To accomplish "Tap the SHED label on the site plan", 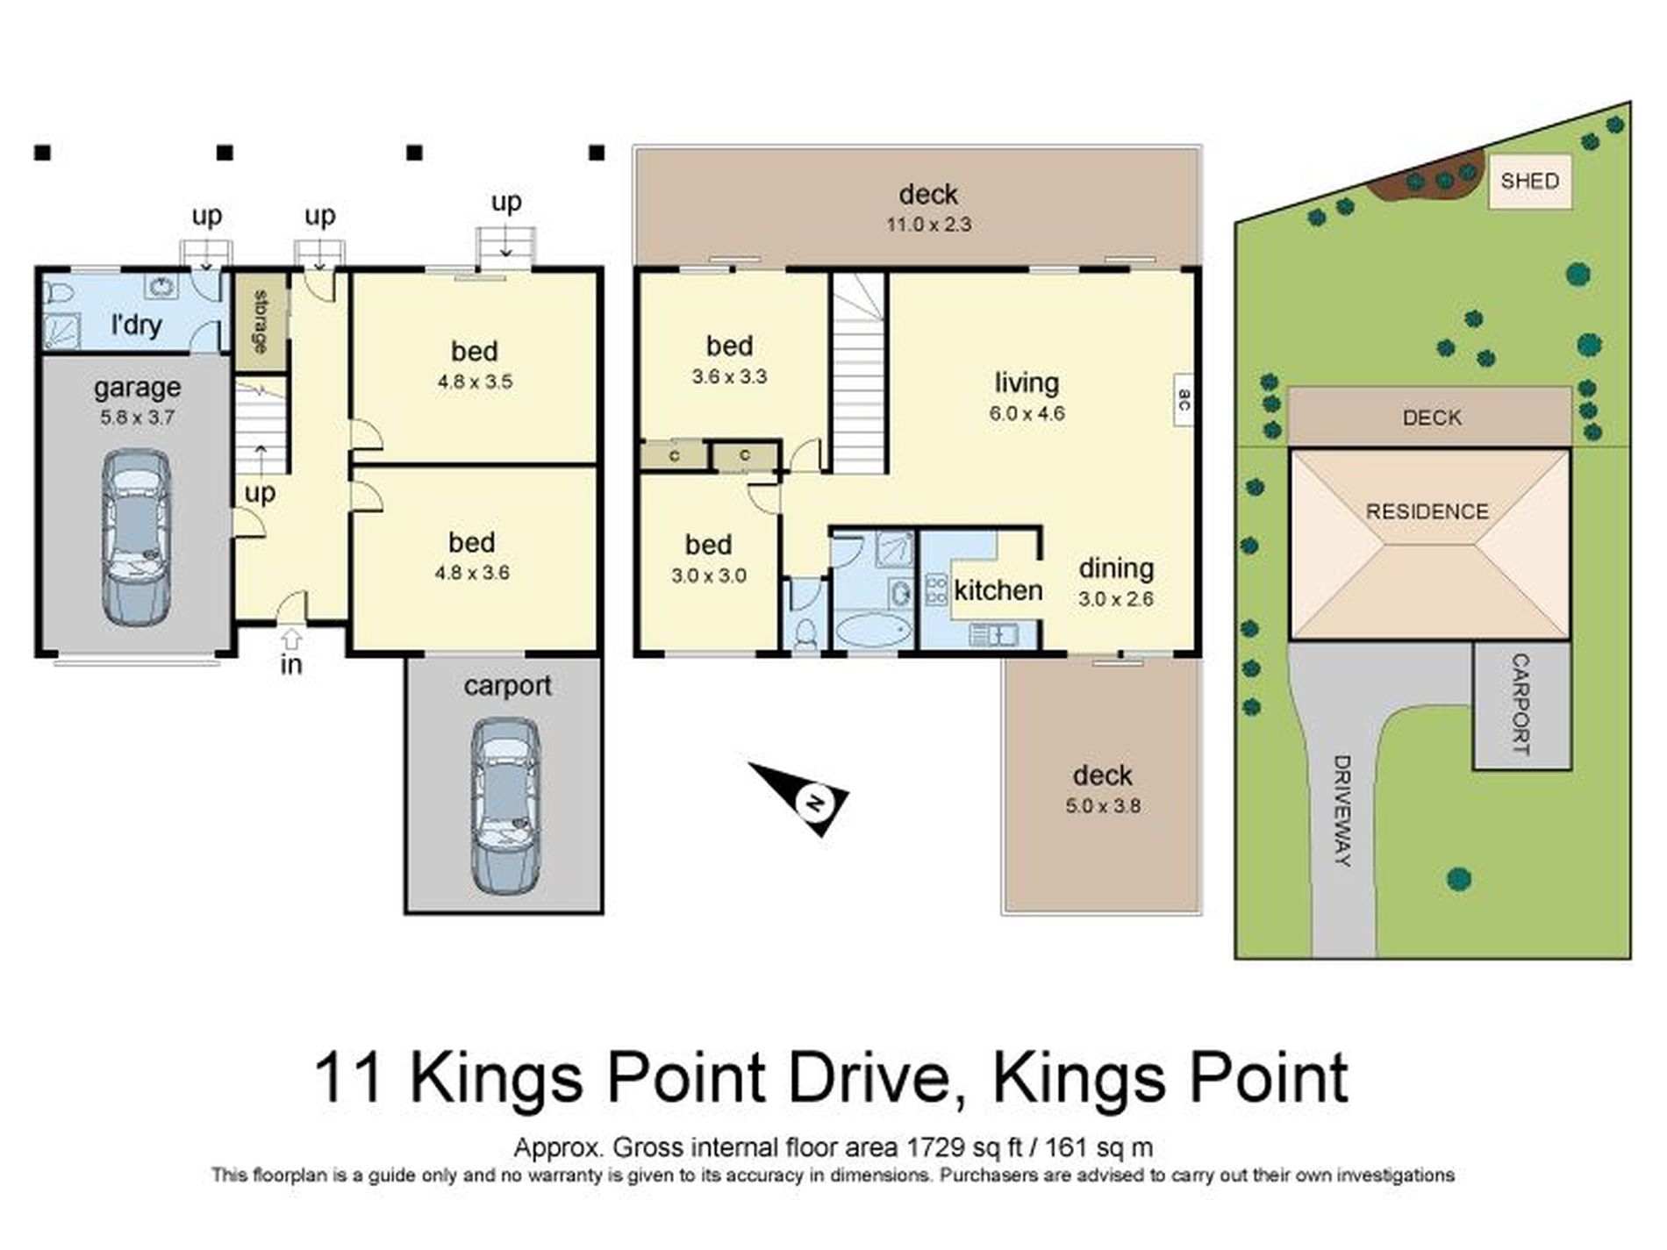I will click(1529, 182).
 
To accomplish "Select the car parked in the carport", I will click(505, 805).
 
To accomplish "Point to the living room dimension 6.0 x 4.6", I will click(1027, 414).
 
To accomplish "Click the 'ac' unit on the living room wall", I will click(1184, 401).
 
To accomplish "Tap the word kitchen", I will click(998, 590).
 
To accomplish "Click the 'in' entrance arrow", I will click(291, 639).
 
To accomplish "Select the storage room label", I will click(261, 321).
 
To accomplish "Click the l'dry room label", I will click(137, 325).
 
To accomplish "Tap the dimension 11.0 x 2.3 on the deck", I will click(928, 225).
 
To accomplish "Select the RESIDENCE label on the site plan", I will click(1427, 511).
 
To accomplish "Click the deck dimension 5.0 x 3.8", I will click(1103, 806).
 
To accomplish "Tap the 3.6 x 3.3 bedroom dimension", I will click(729, 377).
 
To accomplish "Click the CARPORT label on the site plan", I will click(1520, 704).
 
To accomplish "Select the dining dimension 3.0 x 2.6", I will click(1115, 600).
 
